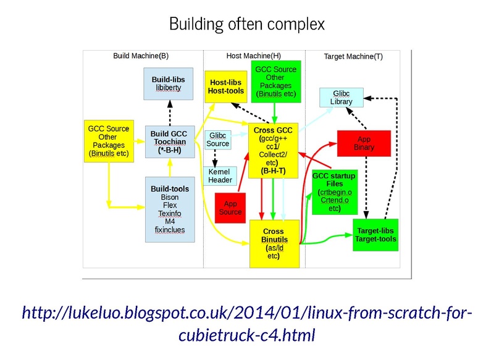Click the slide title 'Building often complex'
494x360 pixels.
click(x=246, y=24)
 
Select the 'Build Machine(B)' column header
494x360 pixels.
click(x=141, y=56)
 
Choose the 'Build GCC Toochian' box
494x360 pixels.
click(x=168, y=141)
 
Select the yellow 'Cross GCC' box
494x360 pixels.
click(x=273, y=151)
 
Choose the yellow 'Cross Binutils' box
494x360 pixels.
click(x=273, y=244)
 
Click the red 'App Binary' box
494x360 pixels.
click(x=364, y=143)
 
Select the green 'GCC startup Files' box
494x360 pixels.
click(x=333, y=191)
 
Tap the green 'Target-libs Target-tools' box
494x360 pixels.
click(x=376, y=235)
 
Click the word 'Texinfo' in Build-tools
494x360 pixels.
click(x=170, y=214)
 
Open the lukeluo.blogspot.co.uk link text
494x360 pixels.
click(x=246, y=324)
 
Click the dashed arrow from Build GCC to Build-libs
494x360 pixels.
click(x=168, y=113)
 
